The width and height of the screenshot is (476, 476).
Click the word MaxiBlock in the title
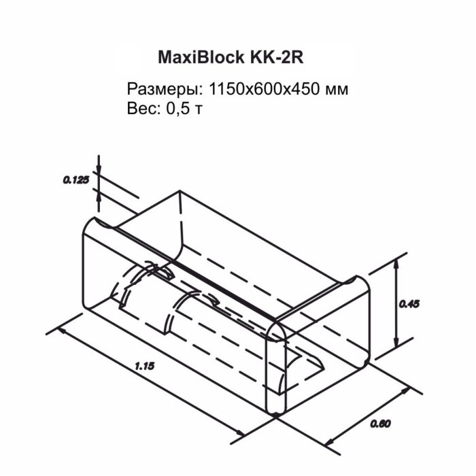(x=197, y=57)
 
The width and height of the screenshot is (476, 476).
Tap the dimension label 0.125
(x=76, y=180)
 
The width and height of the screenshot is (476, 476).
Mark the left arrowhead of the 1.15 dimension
(x=62, y=332)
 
